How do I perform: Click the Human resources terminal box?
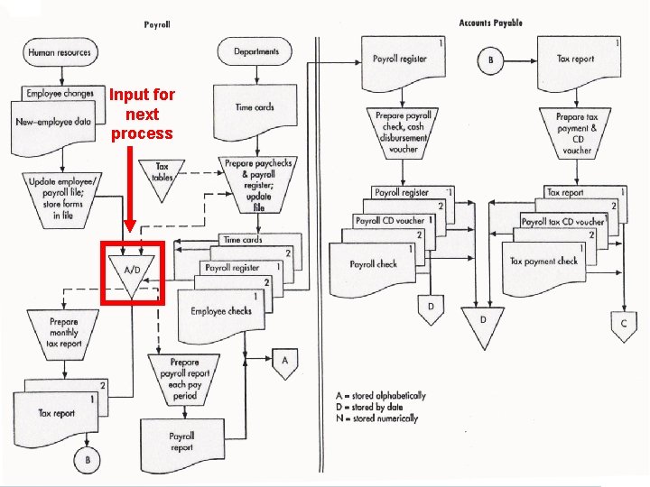pyautogui.click(x=60, y=52)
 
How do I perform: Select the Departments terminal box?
pyautogui.click(x=255, y=51)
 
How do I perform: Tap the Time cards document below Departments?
pyautogui.click(x=255, y=108)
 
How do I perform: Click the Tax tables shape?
pyautogui.click(x=162, y=171)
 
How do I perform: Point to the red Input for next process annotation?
pyautogui.click(x=143, y=114)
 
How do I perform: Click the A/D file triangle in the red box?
pyautogui.click(x=131, y=269)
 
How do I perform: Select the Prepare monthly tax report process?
pyautogui.click(x=64, y=332)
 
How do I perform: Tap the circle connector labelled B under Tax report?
pyautogui.click(x=88, y=460)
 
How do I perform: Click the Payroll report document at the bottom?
pyautogui.click(x=181, y=441)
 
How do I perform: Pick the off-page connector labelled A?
pyautogui.click(x=284, y=361)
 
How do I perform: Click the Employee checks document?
pyautogui.click(x=220, y=312)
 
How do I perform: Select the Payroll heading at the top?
pyautogui.click(x=157, y=24)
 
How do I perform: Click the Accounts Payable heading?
pyautogui.click(x=490, y=23)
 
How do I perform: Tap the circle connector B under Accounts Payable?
pyautogui.click(x=491, y=60)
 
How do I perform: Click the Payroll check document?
pyautogui.click(x=374, y=265)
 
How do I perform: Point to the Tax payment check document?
pyautogui.click(x=543, y=262)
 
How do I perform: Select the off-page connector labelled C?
pyautogui.click(x=623, y=323)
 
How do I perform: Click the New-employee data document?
pyautogui.click(x=53, y=122)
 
